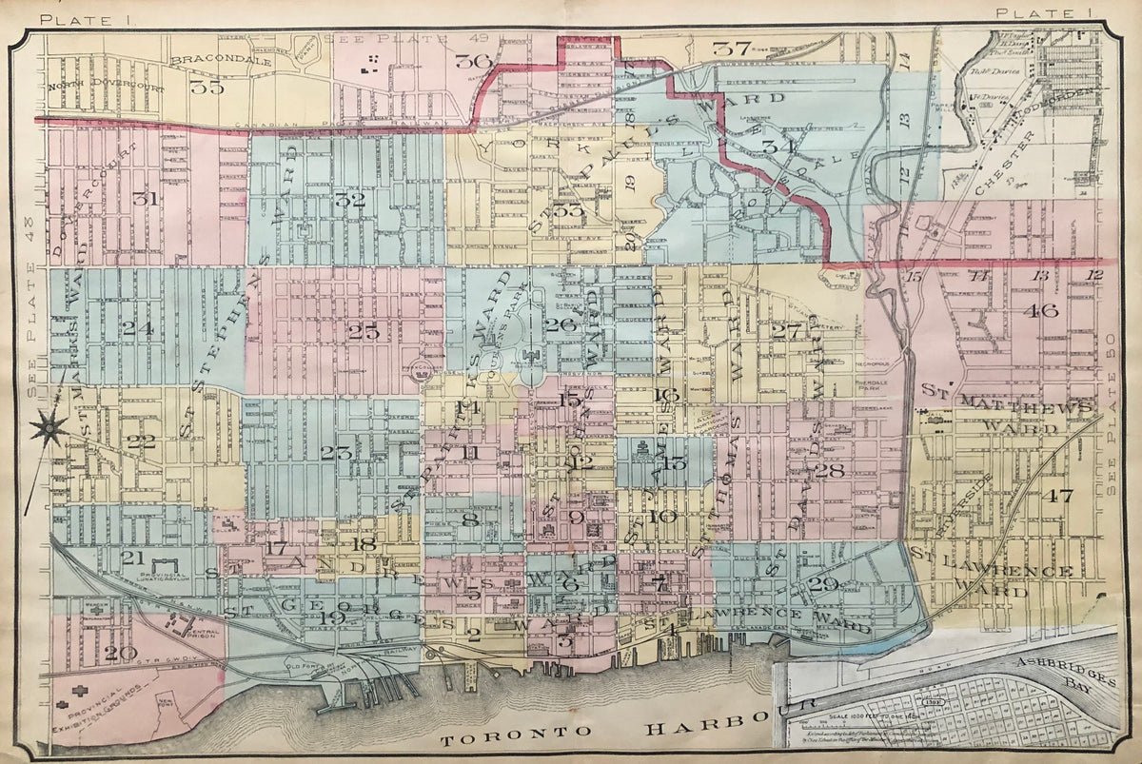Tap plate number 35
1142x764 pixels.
(x=206, y=88)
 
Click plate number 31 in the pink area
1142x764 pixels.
(x=145, y=199)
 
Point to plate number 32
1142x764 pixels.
(x=350, y=200)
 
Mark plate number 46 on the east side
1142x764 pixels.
(x=1041, y=310)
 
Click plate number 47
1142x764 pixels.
(x=1056, y=496)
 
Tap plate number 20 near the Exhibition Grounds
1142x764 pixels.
(x=121, y=653)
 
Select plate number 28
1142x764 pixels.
(x=829, y=470)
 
